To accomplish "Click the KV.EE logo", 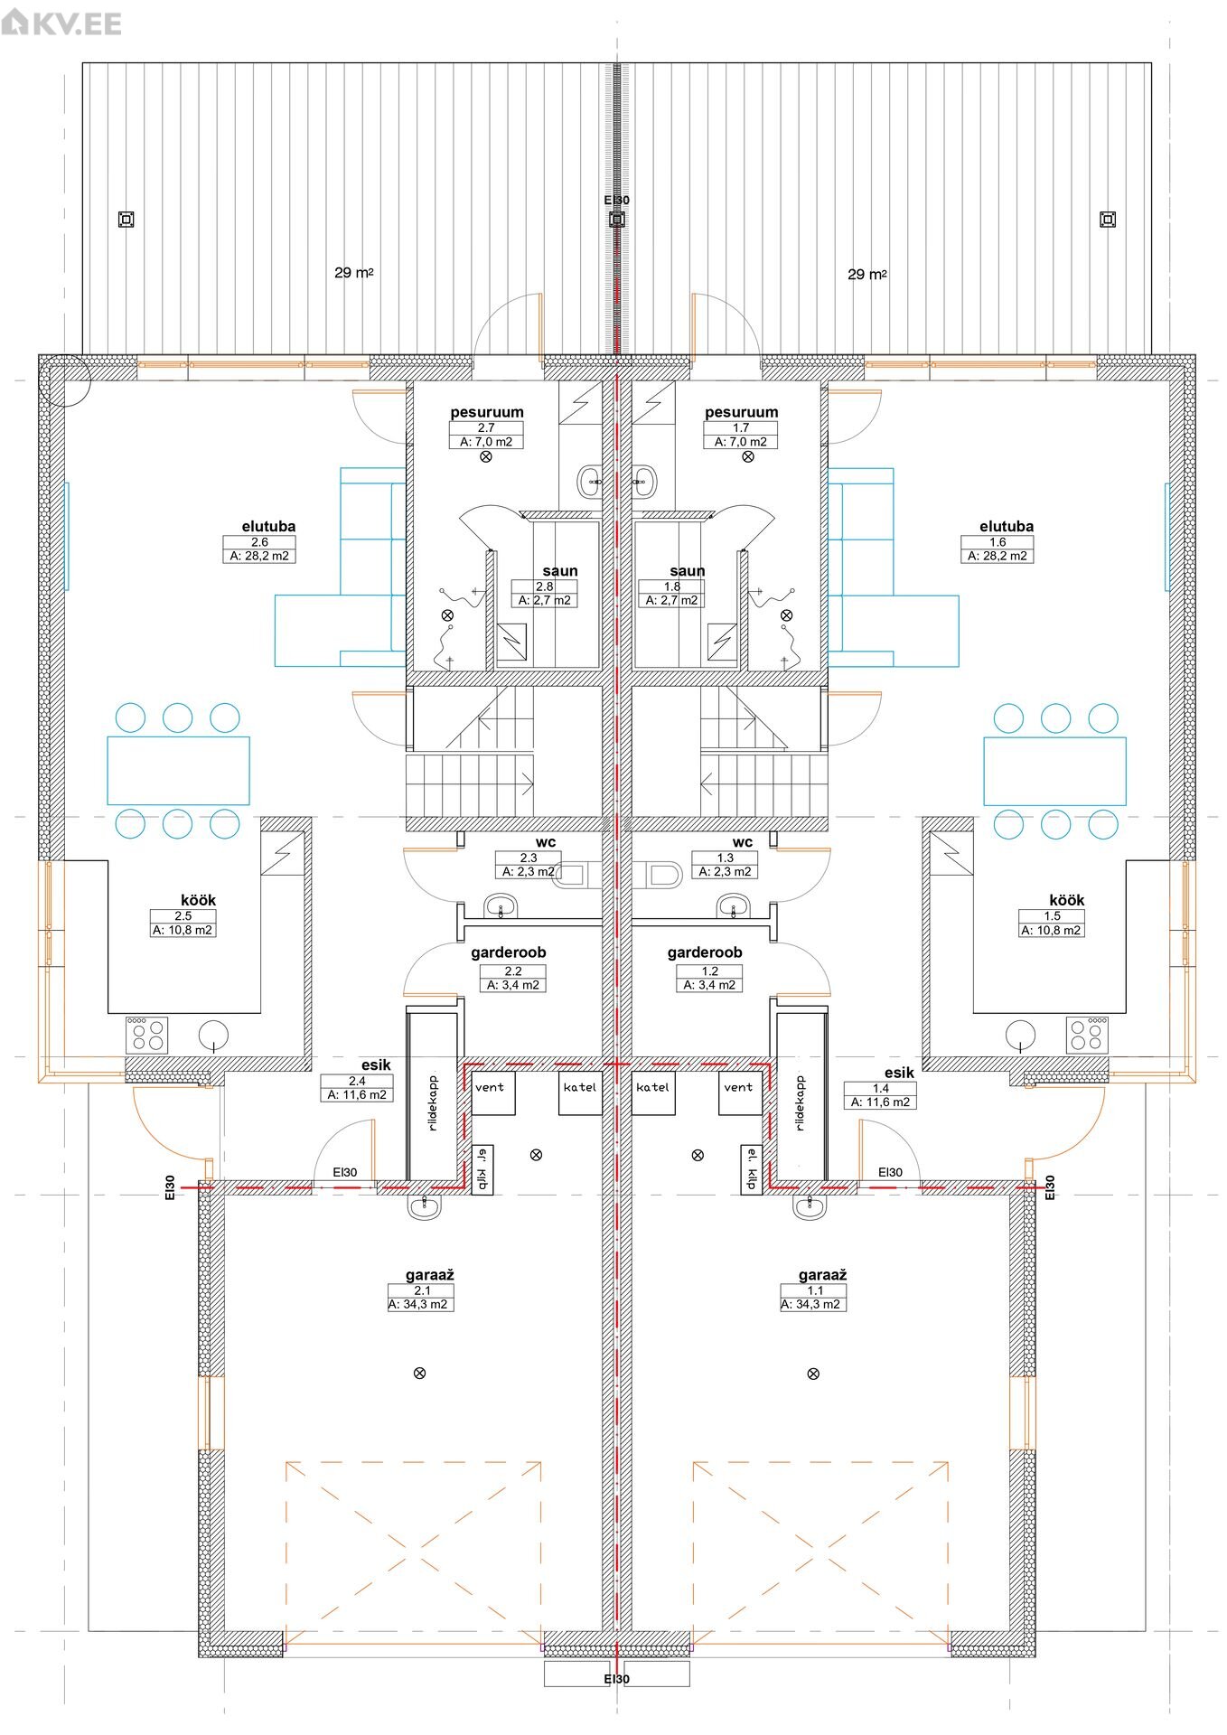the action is point(61,22).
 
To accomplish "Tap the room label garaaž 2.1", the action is point(430,1275).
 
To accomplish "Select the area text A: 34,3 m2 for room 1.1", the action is point(812,1304).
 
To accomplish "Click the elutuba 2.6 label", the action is point(268,526).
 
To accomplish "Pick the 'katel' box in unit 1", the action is point(653,1092).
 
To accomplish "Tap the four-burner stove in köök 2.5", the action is point(147,1035).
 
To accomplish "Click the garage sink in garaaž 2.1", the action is point(424,1205).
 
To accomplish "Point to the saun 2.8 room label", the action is point(560,570).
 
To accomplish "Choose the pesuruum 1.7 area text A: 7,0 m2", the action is point(740,442).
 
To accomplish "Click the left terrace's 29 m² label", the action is point(354,272).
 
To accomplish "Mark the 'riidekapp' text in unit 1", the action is point(801,1103).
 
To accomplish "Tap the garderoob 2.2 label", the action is point(508,952).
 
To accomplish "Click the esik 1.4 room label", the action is point(899,1073).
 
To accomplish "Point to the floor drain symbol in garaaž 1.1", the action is point(813,1374).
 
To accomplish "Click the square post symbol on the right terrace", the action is point(1108,219).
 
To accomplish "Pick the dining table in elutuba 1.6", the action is point(1054,771).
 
